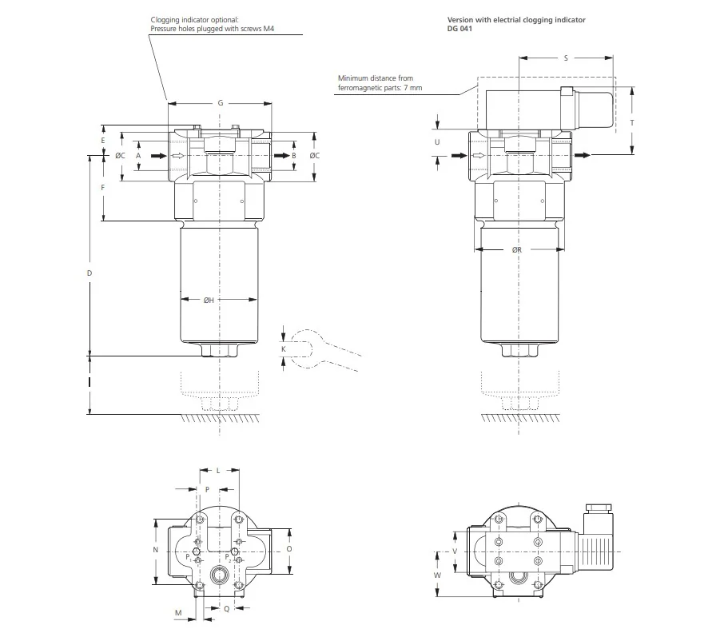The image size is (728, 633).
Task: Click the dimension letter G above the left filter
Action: pos(221,103)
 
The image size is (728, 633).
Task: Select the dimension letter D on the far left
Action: pos(90,273)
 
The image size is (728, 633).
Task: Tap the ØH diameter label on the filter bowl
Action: pos(209,300)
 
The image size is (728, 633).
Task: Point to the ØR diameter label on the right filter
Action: pos(517,250)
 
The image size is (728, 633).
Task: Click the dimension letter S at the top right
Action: pos(566,58)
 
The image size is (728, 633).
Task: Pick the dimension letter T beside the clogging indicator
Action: pos(632,122)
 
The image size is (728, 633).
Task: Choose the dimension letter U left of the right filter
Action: pos(437,142)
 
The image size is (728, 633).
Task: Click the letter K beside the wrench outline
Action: pos(284,349)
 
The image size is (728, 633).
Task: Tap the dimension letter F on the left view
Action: pos(103,188)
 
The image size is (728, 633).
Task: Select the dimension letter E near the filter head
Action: pos(103,140)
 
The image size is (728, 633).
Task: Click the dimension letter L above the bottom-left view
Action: pos(218,471)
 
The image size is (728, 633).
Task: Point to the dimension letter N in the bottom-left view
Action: pos(156,550)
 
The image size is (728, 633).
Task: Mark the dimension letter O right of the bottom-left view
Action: pos(289,549)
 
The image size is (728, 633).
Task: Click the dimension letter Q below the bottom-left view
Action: pos(227,609)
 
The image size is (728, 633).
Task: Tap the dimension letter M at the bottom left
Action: pos(178,613)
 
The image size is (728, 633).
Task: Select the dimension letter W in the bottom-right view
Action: pos(437,575)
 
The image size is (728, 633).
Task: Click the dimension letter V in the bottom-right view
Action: pos(455,551)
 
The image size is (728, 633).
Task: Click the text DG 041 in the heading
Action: pos(459,28)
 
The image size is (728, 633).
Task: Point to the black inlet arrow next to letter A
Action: pos(159,156)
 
